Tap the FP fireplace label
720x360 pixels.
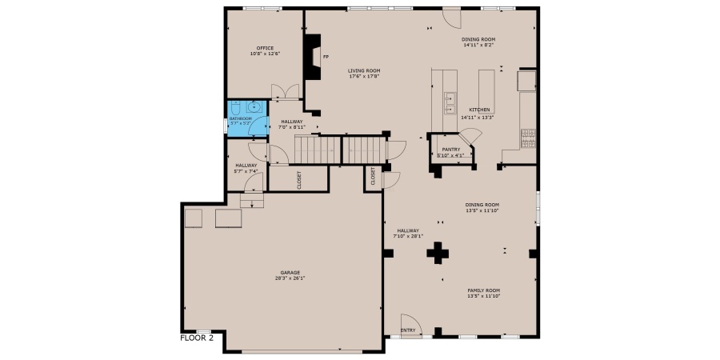326,58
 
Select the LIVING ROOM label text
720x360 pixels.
363,70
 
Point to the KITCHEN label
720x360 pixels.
479,110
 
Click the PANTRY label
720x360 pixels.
450,149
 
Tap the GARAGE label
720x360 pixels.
279,272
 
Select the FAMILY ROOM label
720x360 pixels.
483,290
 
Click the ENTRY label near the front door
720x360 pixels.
408,330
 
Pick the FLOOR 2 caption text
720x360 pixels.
197,338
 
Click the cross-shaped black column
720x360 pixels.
438,254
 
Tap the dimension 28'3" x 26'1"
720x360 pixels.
279,278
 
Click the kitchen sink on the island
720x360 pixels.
450,103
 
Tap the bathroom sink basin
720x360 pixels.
254,106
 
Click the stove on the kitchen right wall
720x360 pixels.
528,138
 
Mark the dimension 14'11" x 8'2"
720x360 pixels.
478,46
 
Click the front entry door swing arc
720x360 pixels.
408,320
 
